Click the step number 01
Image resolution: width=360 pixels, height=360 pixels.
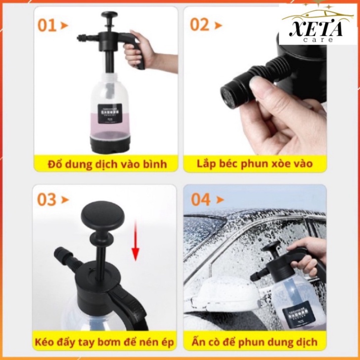(47, 25)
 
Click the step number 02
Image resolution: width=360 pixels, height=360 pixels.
(200, 25)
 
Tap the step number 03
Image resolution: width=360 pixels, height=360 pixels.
(46, 200)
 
